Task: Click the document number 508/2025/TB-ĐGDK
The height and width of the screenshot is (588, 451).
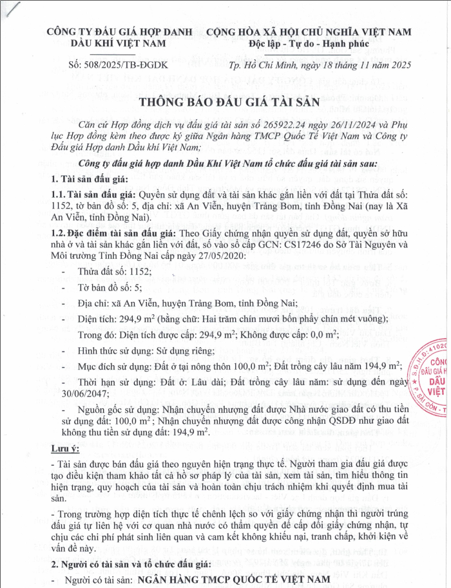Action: [117, 64]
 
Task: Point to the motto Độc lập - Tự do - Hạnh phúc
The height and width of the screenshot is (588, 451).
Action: [309, 43]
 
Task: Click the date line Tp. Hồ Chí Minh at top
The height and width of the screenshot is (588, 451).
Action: [320, 64]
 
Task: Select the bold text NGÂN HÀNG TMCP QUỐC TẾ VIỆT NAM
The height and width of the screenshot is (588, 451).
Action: [231, 580]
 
